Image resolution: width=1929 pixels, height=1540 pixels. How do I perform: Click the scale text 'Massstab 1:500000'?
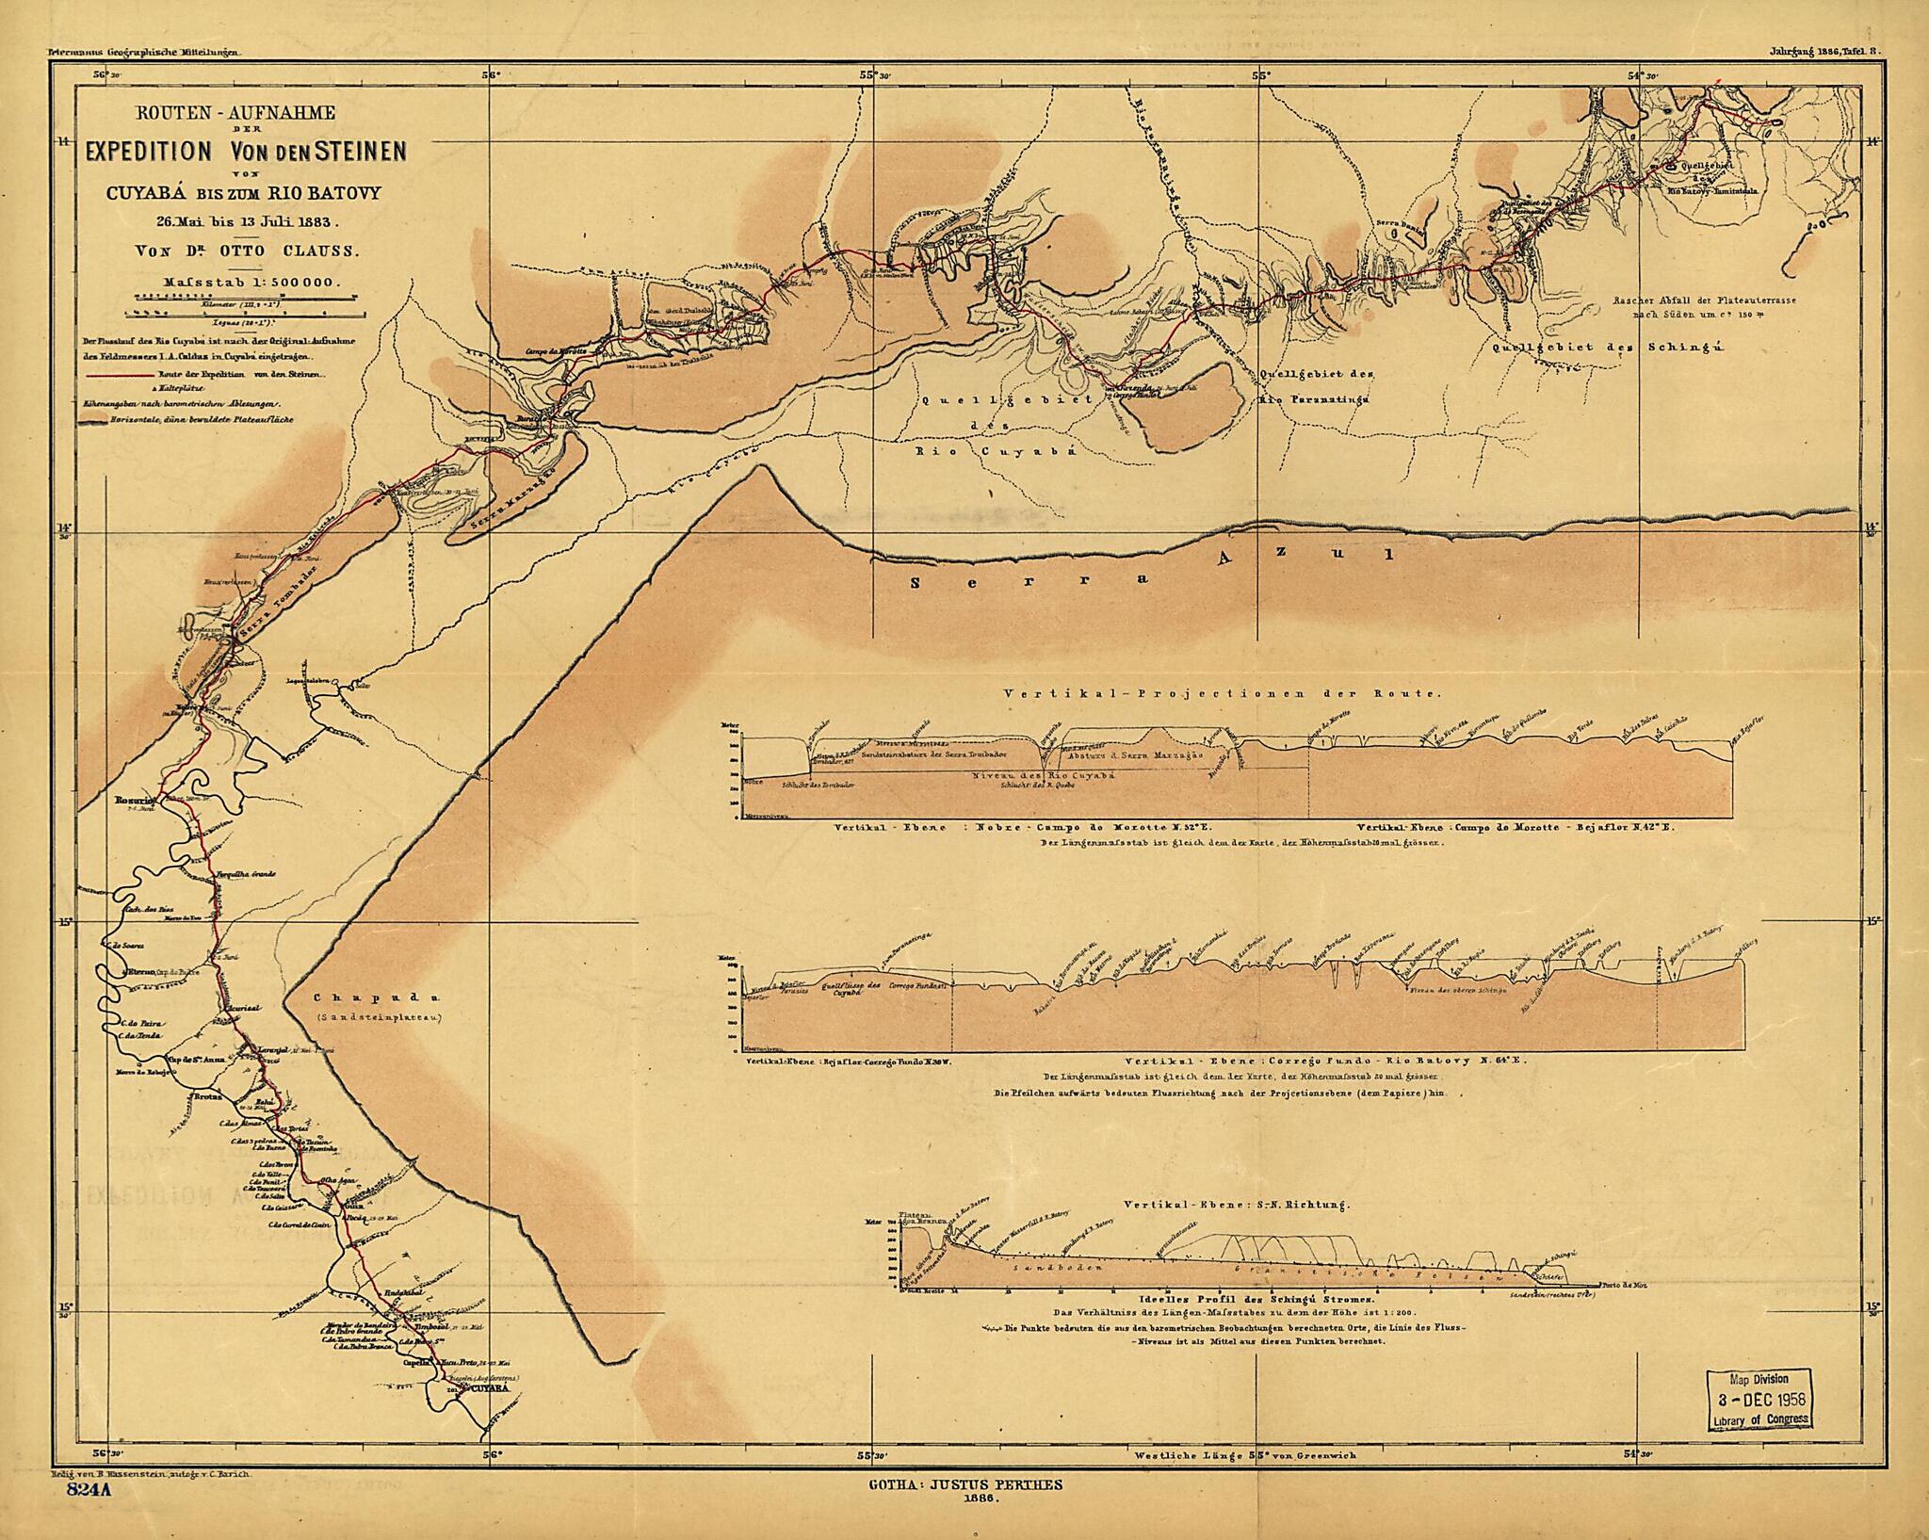point(251,281)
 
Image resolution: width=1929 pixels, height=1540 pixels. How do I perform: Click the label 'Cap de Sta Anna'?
point(193,1058)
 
